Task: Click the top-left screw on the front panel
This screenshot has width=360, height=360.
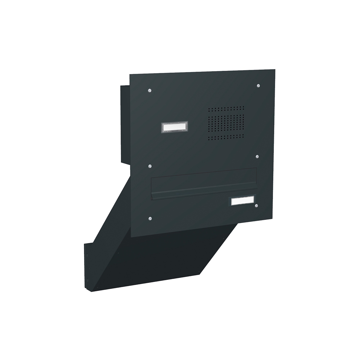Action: (x=150, y=90)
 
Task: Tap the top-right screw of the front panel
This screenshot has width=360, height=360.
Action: (x=258, y=86)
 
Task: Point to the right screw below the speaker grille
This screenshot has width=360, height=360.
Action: (x=257, y=156)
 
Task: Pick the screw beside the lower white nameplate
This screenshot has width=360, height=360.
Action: (x=256, y=206)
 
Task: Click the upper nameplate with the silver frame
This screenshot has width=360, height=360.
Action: (x=174, y=127)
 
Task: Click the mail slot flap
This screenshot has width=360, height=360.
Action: (x=204, y=182)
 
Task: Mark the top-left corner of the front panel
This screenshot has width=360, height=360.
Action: (x=130, y=74)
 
